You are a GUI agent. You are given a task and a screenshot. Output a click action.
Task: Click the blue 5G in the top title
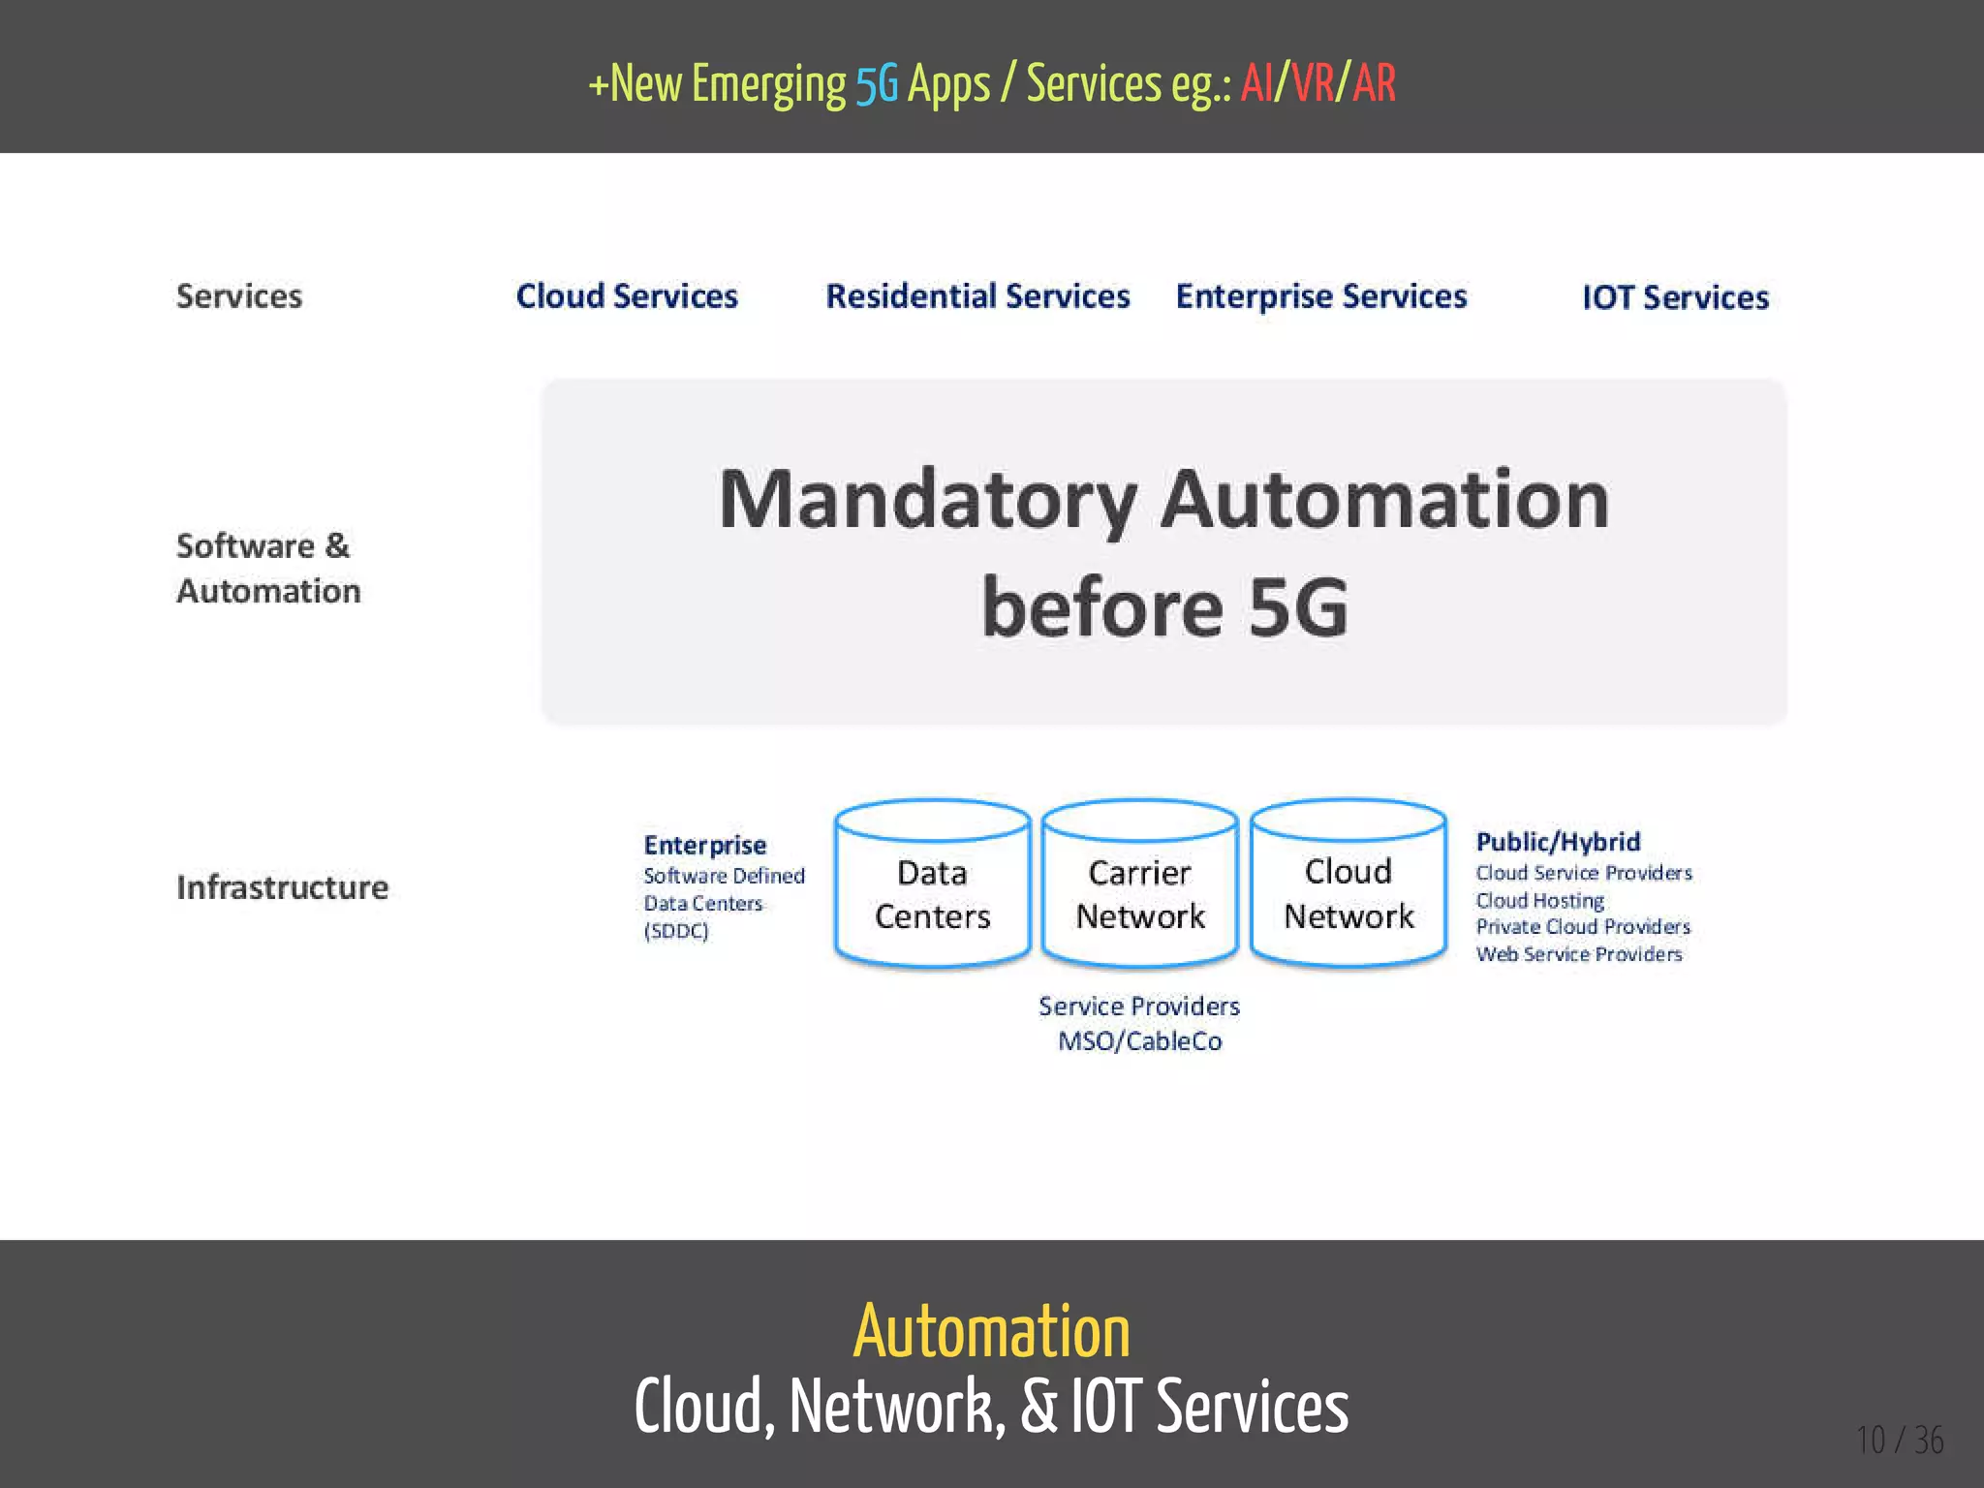[877, 85]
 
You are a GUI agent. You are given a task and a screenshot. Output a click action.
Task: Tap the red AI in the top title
[1257, 83]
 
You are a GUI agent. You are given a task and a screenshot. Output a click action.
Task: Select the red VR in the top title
[1313, 83]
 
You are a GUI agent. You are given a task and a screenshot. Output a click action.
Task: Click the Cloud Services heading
[627, 295]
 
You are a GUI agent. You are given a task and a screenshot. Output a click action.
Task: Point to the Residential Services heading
[977, 295]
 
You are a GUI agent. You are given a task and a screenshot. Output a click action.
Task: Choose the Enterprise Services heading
[1321, 296]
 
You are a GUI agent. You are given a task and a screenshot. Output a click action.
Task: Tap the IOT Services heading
[1675, 297]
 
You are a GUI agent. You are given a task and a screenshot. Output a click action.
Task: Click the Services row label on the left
[239, 295]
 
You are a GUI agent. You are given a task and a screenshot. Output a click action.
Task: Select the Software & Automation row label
[268, 569]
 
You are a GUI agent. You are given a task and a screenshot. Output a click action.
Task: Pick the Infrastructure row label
[282, 887]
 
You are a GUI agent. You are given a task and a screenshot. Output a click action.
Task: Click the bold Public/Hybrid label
[1558, 842]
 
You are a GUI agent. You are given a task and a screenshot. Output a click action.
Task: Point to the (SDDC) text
[676, 931]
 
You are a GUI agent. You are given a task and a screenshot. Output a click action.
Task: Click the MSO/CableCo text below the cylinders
[1140, 1041]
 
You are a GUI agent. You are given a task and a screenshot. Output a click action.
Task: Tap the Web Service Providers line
[1579, 954]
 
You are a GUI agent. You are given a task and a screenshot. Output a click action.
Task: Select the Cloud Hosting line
[1539, 901]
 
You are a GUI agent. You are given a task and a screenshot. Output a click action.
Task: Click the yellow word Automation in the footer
[991, 1332]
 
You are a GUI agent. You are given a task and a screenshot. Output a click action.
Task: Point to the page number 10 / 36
[1900, 1441]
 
